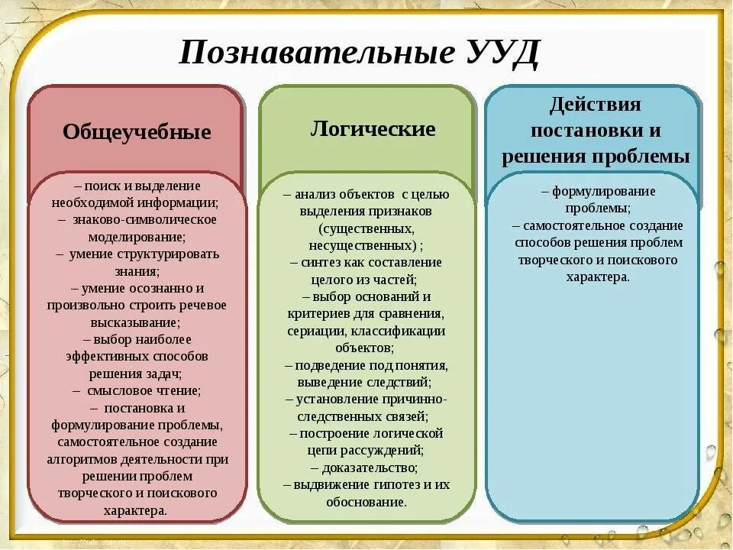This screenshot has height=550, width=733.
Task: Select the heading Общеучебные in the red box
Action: [137, 132]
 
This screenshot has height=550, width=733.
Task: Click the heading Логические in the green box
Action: [373, 128]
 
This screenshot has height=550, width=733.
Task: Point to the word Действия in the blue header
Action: [595, 104]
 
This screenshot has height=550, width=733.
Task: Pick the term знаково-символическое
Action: [145, 219]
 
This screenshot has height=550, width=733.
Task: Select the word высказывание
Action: [135, 322]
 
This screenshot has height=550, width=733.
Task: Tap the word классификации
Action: [402, 331]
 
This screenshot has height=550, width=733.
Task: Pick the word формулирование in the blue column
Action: [603, 191]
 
